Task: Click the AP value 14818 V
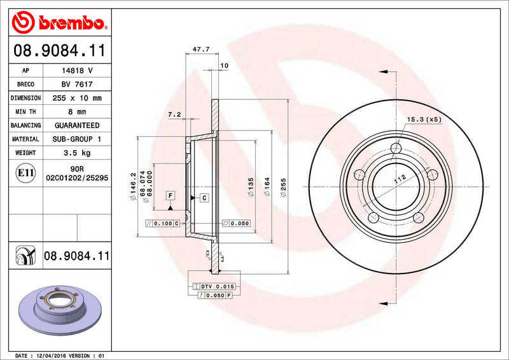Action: [x=77, y=71]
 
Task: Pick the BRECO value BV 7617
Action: [x=77, y=85]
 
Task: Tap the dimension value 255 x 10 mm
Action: [x=77, y=99]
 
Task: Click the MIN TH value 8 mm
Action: [x=77, y=112]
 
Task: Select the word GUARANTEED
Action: [x=77, y=125]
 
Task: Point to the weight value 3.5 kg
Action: [x=77, y=153]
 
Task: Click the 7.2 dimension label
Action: [x=174, y=114]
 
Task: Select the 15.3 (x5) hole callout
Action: [x=424, y=119]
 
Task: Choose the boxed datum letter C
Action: [x=204, y=198]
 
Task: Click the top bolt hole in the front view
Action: [x=397, y=149]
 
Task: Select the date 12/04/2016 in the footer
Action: [x=59, y=355]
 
